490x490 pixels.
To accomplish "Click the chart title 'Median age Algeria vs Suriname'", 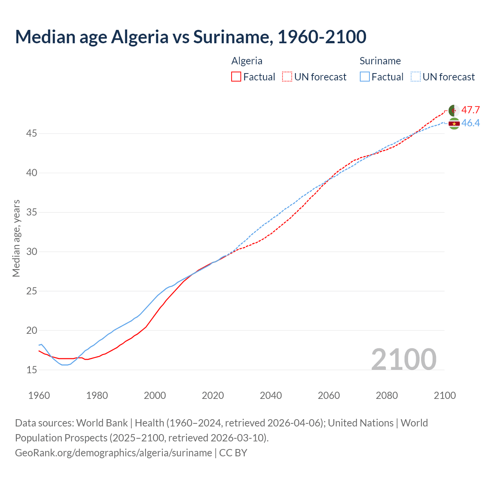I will click(x=191, y=37).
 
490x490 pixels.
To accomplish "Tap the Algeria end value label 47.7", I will click(x=470, y=110).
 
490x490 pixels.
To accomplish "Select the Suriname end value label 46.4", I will click(x=470, y=123).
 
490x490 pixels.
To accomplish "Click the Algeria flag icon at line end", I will click(x=454, y=110).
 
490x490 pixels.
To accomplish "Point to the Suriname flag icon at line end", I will click(x=454, y=124).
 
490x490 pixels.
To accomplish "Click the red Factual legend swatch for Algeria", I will click(x=236, y=77).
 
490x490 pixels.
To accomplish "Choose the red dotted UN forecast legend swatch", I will click(x=287, y=77).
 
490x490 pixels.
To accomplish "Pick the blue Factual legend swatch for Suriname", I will click(x=365, y=77).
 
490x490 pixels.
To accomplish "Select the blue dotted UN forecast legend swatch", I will click(x=416, y=77).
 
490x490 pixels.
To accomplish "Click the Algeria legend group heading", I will click(x=247, y=61).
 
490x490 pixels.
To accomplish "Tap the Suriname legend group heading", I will click(x=380, y=61).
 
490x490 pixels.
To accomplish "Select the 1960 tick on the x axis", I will click(x=39, y=395).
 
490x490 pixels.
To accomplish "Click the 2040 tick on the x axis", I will click(x=271, y=395).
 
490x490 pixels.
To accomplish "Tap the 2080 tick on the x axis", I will click(x=387, y=395).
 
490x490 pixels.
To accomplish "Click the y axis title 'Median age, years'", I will click(x=16, y=238).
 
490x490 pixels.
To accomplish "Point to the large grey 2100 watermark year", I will click(x=403, y=359).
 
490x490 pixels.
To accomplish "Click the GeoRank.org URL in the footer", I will click(x=113, y=453).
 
